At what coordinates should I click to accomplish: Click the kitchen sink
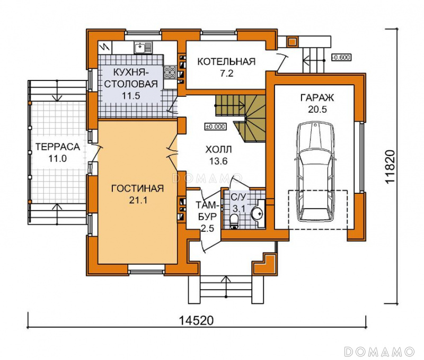point(143,48)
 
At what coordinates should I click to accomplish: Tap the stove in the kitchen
point(170,73)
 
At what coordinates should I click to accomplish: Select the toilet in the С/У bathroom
point(234,221)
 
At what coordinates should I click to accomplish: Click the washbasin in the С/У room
point(258,213)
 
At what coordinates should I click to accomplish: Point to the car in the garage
point(316,172)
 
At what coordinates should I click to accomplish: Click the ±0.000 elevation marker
point(215,127)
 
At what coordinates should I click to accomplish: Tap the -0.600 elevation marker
point(341,57)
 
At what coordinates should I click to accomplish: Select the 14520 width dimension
point(196,321)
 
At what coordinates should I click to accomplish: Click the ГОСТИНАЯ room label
point(138,188)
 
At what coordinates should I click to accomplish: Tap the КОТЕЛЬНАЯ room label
point(226,61)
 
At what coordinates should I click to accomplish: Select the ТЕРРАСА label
point(58,147)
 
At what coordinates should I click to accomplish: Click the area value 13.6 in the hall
point(218,161)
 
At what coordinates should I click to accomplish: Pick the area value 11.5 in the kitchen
point(131,96)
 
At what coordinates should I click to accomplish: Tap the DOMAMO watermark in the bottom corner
point(379,352)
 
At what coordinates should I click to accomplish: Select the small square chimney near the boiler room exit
point(292,42)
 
